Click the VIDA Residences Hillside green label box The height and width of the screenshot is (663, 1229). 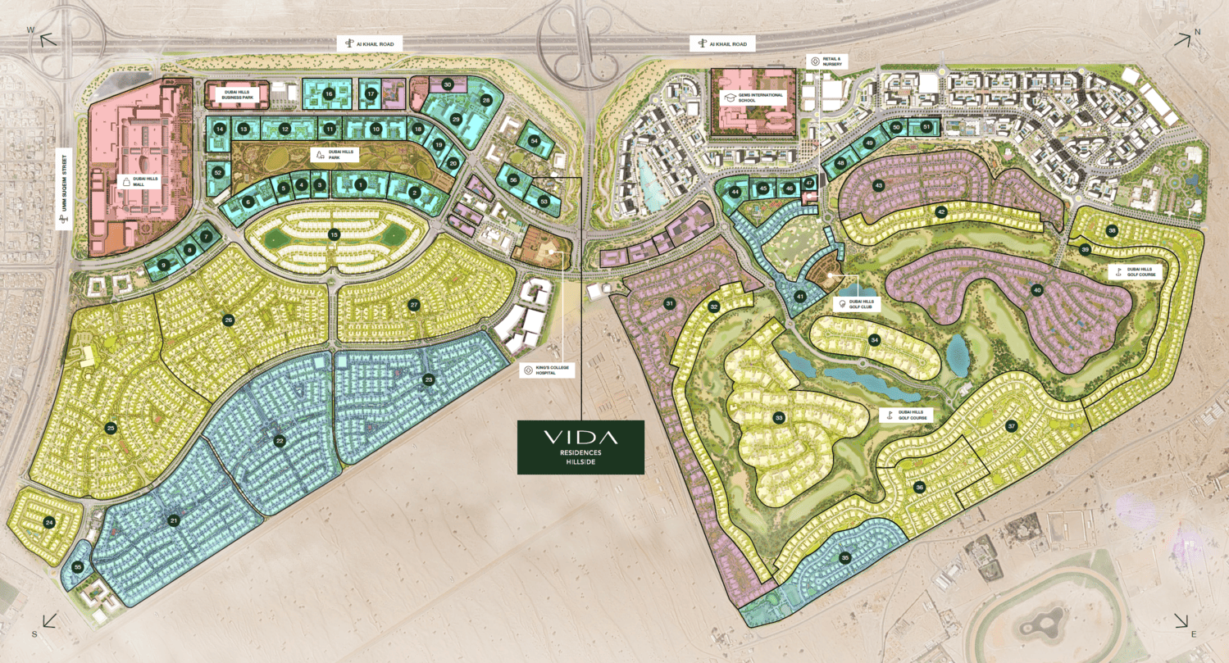[580, 447]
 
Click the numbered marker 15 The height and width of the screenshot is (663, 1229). [334, 234]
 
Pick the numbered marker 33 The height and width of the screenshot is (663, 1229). [779, 418]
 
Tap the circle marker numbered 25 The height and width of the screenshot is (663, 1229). [111, 428]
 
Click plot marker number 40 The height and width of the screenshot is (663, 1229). [1037, 289]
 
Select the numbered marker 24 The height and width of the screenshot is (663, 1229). [50, 522]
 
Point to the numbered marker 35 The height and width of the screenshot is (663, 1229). [845, 558]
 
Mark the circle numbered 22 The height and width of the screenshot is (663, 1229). [280, 441]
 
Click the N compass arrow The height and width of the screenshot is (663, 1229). [1184, 39]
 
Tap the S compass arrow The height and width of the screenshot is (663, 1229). [45, 622]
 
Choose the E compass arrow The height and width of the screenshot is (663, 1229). [1184, 622]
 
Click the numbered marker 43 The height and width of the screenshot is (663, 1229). [878, 186]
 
